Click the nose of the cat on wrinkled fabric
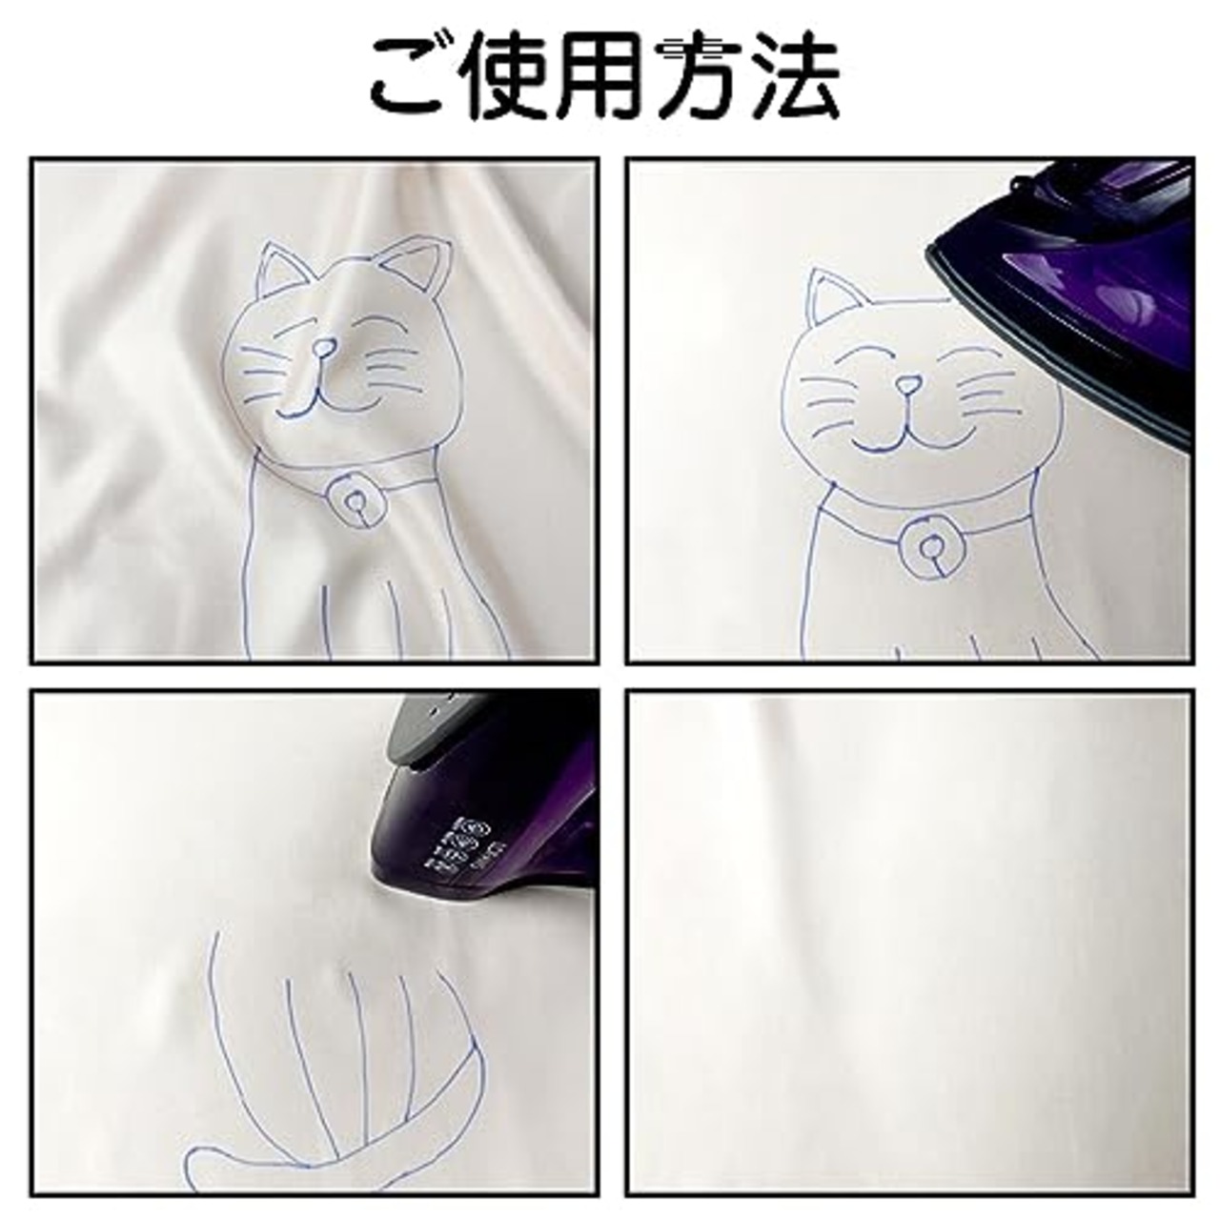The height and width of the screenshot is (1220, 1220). pos(326,348)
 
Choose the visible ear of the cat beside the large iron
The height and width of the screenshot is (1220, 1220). pos(826,296)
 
